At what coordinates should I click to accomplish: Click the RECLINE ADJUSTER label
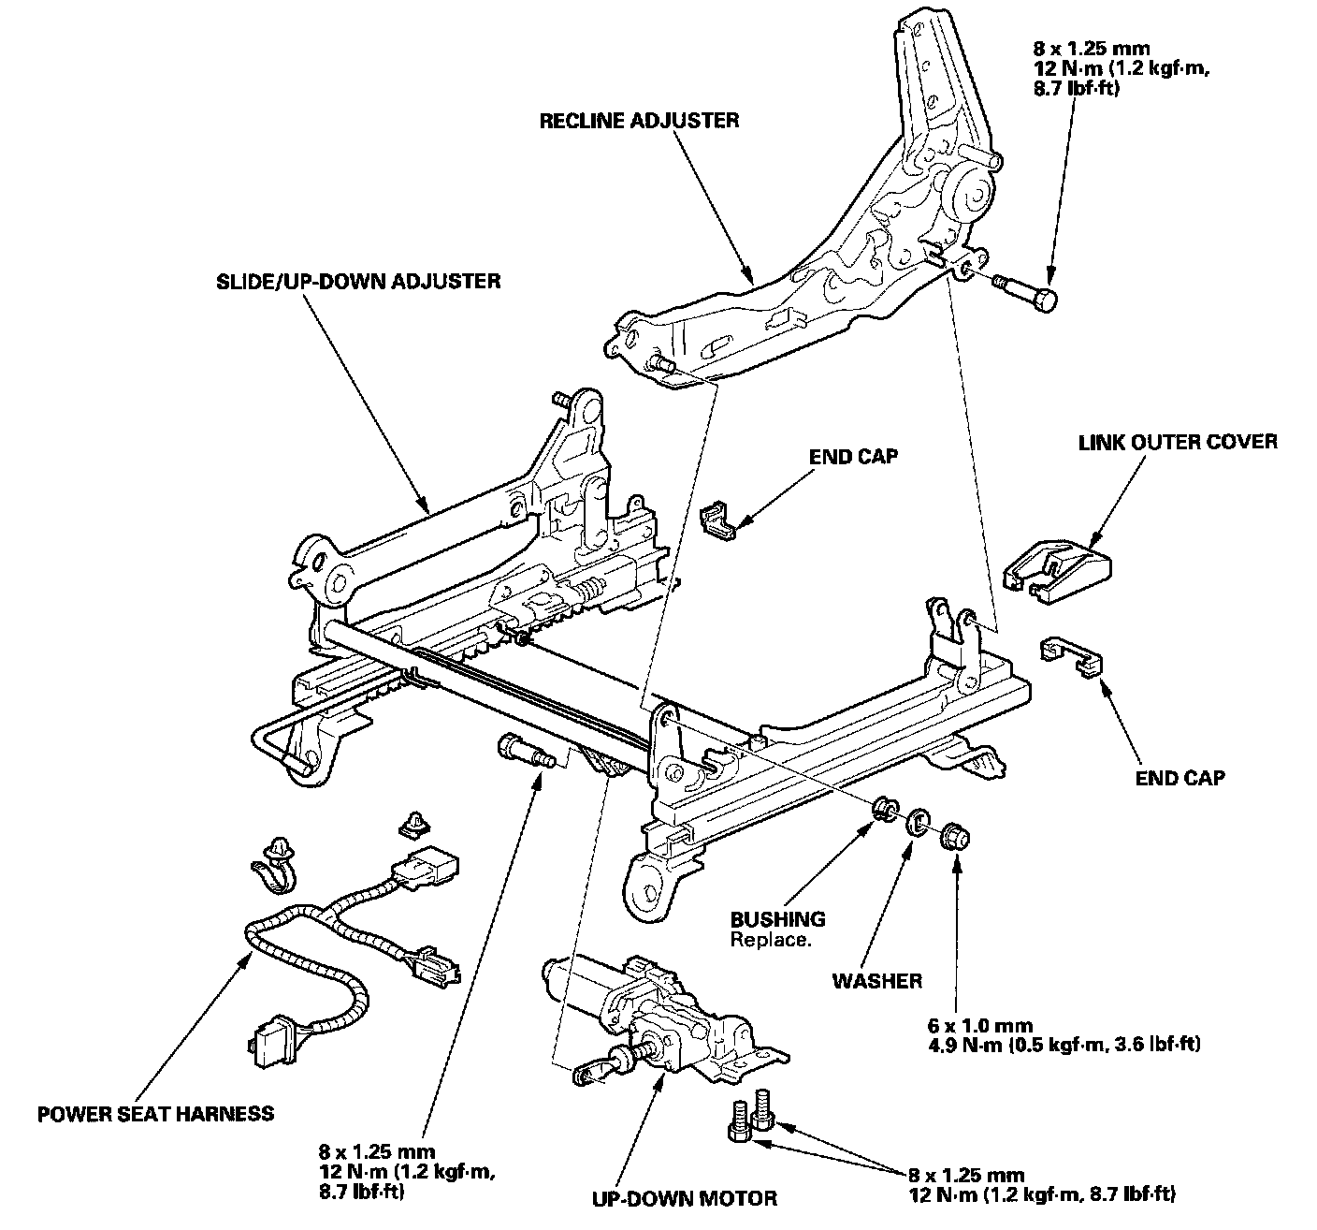click(639, 120)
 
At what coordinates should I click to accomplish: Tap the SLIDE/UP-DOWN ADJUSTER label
click(354, 280)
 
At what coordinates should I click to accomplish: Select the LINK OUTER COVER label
click(1178, 441)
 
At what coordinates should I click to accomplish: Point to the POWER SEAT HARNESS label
click(156, 1113)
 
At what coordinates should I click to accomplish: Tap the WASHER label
click(877, 980)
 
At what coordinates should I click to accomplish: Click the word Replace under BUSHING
click(770, 939)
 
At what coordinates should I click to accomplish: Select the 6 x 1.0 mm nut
click(953, 833)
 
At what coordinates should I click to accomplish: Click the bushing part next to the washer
click(882, 810)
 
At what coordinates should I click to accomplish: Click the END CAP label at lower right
click(1180, 777)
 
